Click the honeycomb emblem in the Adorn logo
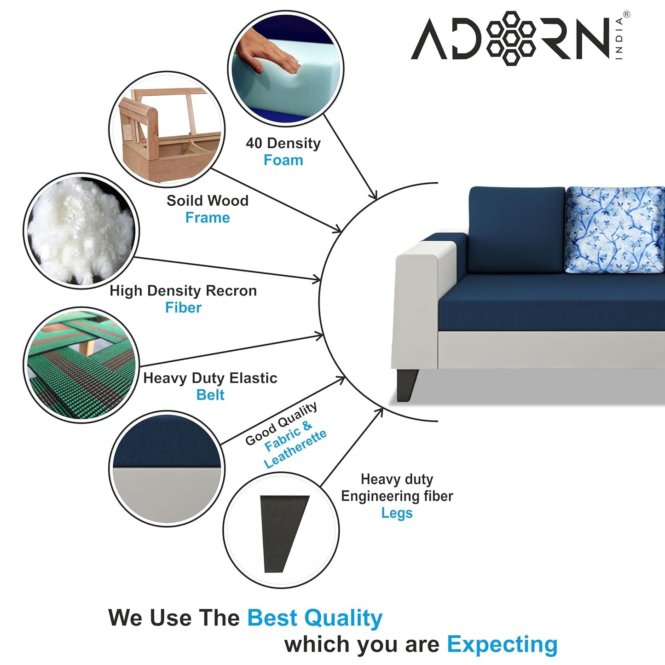(x=510, y=38)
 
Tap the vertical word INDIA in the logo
(x=619, y=39)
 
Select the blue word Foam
(x=283, y=160)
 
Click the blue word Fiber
(x=183, y=307)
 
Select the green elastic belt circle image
(x=81, y=365)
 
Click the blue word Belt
(x=210, y=395)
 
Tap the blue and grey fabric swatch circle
(x=167, y=468)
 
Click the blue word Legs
(x=397, y=513)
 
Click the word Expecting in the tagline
(x=502, y=644)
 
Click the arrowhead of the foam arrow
(x=374, y=196)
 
